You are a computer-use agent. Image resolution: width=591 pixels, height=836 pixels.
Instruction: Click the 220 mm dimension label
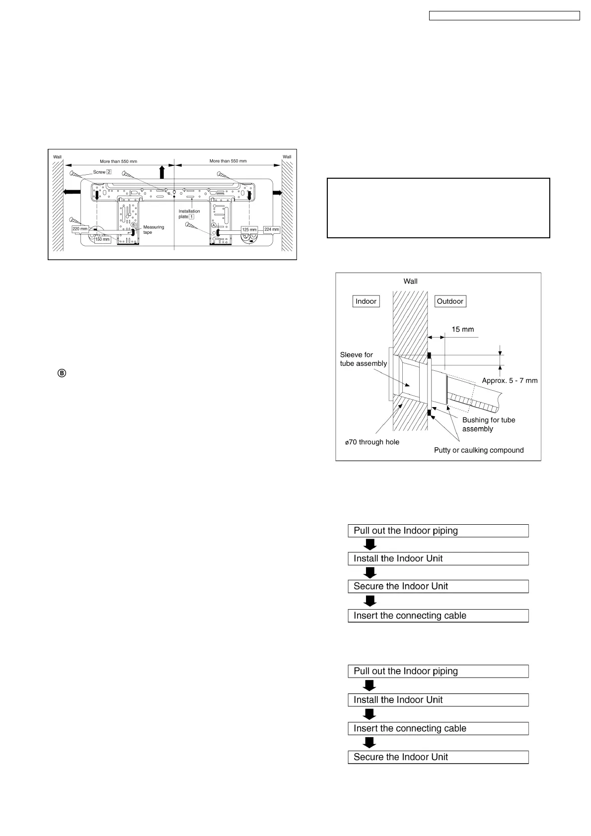click(79, 229)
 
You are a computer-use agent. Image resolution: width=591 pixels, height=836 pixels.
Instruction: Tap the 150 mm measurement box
click(102, 239)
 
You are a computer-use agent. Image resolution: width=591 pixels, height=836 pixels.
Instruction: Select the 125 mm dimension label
click(249, 229)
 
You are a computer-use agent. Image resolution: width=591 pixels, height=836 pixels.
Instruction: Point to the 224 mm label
click(272, 229)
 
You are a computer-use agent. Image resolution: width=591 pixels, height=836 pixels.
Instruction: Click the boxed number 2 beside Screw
click(108, 172)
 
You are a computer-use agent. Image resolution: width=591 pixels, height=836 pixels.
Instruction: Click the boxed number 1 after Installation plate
click(191, 216)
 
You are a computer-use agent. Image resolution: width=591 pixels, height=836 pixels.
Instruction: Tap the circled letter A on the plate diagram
click(214, 225)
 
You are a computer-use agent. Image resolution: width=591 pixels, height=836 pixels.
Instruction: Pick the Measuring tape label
click(153, 229)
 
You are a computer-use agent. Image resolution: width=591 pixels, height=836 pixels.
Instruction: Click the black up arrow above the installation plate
click(161, 172)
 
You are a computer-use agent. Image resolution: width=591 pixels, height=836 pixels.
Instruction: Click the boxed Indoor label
click(366, 301)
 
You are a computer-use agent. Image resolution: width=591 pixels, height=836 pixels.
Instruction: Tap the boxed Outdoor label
click(450, 301)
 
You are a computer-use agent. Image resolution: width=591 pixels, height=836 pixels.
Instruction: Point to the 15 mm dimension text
click(462, 329)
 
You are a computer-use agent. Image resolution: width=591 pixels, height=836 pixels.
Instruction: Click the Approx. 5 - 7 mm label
click(510, 381)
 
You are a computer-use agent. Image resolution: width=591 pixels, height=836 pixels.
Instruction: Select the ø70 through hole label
click(372, 442)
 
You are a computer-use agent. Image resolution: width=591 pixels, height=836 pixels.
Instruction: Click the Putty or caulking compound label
click(478, 450)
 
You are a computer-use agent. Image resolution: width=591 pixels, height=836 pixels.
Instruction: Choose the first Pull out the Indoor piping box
click(438, 531)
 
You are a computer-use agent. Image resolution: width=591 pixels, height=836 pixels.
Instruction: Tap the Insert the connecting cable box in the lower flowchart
click(438, 728)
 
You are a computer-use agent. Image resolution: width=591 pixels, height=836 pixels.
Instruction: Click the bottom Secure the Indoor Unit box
click(438, 757)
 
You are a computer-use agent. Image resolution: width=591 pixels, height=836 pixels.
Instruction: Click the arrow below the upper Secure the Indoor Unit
click(370, 601)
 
